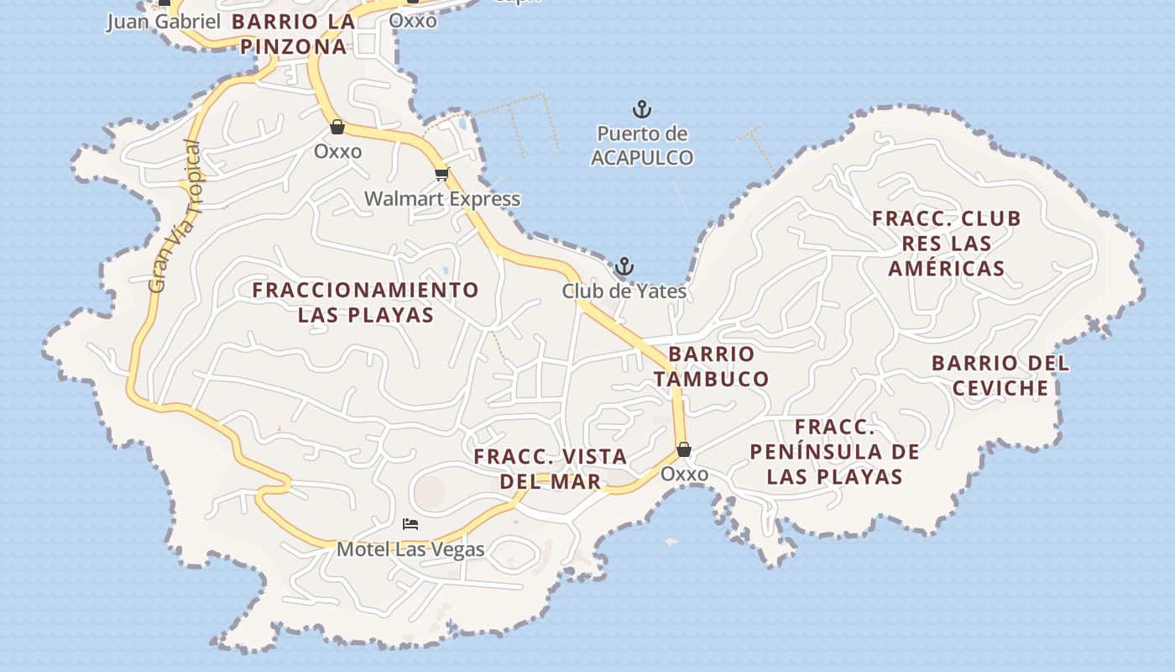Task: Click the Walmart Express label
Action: pyautogui.click(x=442, y=199)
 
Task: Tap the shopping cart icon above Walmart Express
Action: pyautogui.click(x=442, y=174)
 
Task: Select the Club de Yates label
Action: pyautogui.click(x=624, y=291)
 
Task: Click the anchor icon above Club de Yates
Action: pyautogui.click(x=624, y=267)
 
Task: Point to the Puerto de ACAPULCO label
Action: pyautogui.click(x=642, y=145)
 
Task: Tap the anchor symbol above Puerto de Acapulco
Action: pyautogui.click(x=642, y=109)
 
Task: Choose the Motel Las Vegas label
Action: pyautogui.click(x=410, y=549)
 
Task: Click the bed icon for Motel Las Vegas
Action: pyautogui.click(x=410, y=524)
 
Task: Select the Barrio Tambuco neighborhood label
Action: pyautogui.click(x=712, y=366)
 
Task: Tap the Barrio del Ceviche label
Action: pyautogui.click(x=1000, y=375)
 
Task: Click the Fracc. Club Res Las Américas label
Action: pyautogui.click(x=947, y=244)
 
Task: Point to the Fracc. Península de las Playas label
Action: pyautogui.click(x=834, y=452)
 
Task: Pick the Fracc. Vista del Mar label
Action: pyautogui.click(x=551, y=469)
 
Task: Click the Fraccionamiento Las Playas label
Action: pyautogui.click(x=366, y=302)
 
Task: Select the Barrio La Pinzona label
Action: pyautogui.click(x=294, y=34)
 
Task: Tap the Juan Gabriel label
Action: pyautogui.click(x=163, y=22)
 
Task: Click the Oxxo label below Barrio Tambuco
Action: pyautogui.click(x=684, y=474)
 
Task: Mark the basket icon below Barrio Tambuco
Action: pyautogui.click(x=684, y=449)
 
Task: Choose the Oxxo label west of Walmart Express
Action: pyautogui.click(x=337, y=151)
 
